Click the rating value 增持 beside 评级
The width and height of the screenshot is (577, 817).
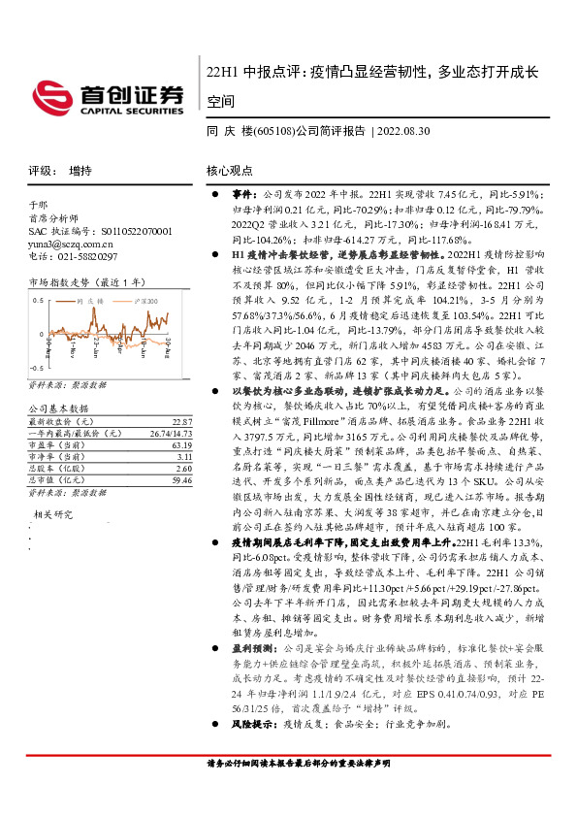(80, 170)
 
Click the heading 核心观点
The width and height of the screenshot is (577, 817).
(229, 170)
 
